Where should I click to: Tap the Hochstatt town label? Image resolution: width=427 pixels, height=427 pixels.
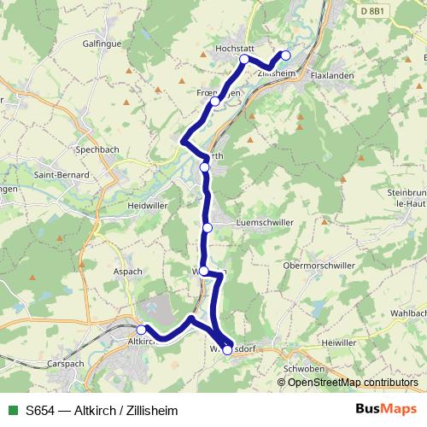(237, 50)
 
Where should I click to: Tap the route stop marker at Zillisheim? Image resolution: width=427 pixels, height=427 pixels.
(286, 56)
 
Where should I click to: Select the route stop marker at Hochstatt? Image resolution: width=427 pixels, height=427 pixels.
(244, 60)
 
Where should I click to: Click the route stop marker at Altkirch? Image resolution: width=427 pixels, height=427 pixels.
(141, 329)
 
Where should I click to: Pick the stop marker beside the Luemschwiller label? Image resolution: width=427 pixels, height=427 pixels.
(208, 227)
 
